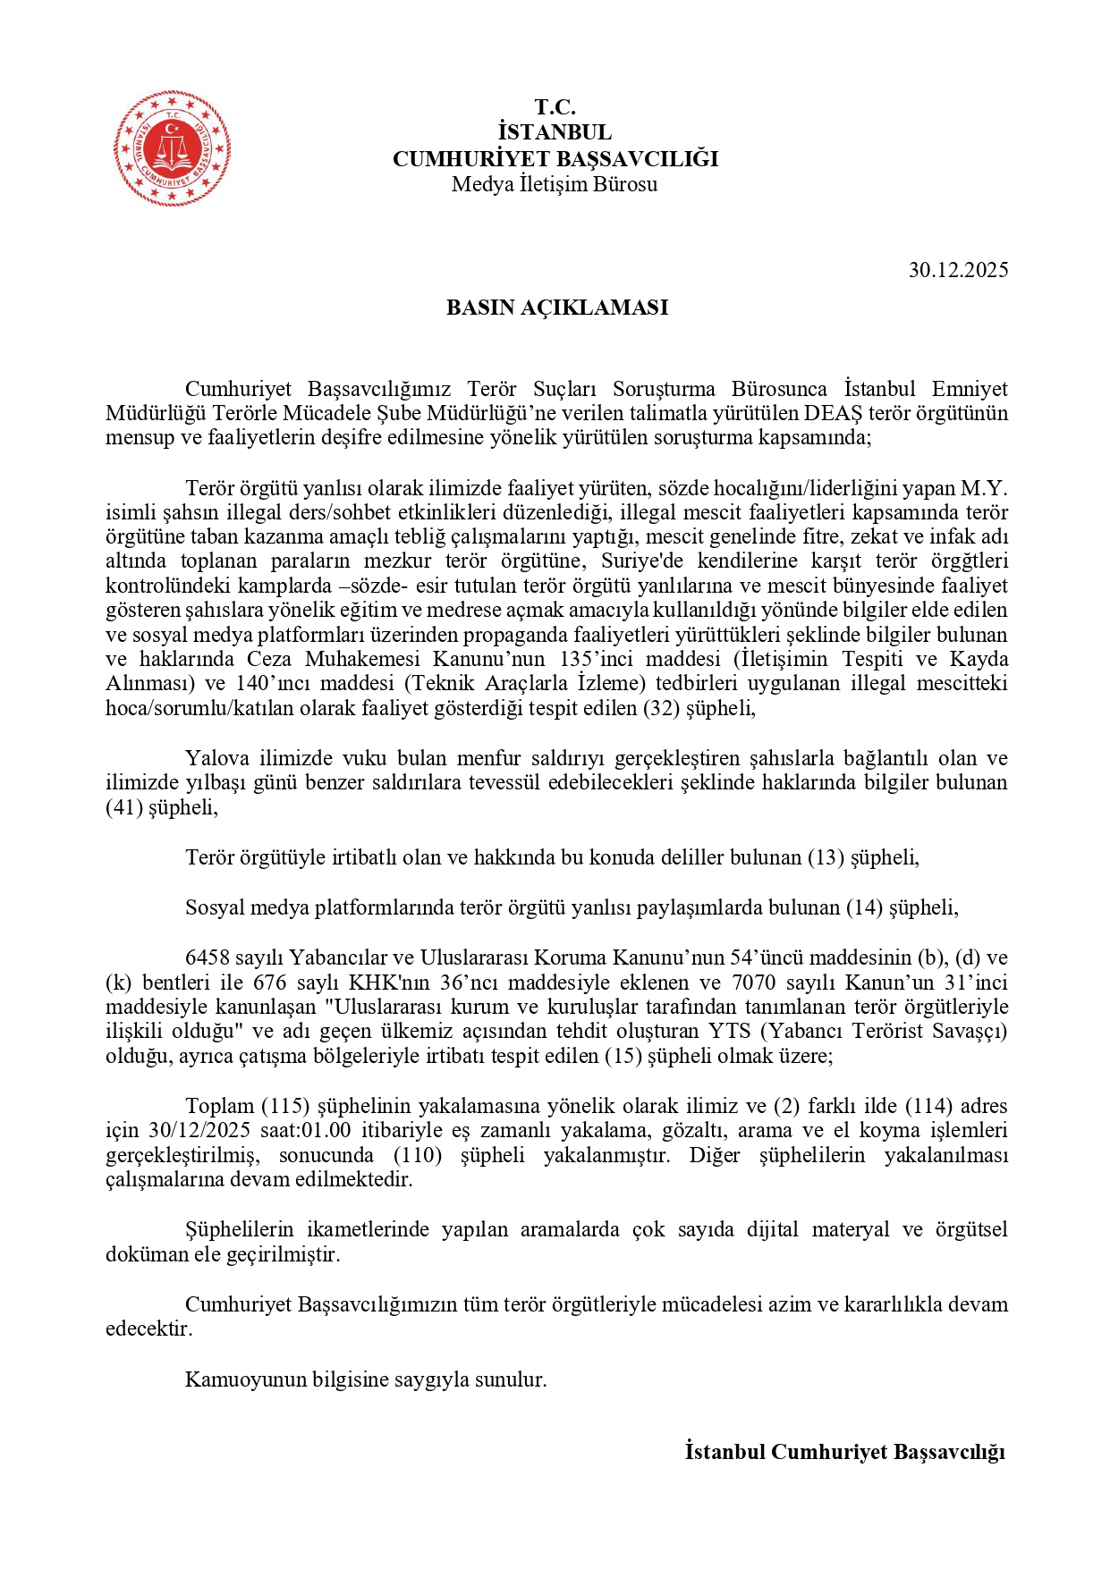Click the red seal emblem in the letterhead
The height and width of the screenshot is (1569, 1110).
coord(172,148)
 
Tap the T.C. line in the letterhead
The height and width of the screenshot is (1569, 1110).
coord(555,107)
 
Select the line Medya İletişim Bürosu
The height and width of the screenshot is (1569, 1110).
coord(555,184)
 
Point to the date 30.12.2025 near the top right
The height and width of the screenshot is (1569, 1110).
coord(958,270)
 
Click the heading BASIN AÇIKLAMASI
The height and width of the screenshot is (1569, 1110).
coord(557,308)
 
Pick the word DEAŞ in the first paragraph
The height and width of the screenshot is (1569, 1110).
coord(834,413)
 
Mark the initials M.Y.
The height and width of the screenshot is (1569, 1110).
coord(984,488)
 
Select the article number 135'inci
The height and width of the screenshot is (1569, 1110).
coord(597,659)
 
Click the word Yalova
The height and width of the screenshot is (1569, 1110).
coord(217,758)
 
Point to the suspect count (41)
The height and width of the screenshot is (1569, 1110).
coord(124,807)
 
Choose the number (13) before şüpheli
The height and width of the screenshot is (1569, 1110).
coord(826,857)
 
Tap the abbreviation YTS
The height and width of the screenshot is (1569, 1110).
coord(729,1031)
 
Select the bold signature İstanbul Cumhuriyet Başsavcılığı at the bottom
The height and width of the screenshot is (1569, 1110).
coord(845,1452)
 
